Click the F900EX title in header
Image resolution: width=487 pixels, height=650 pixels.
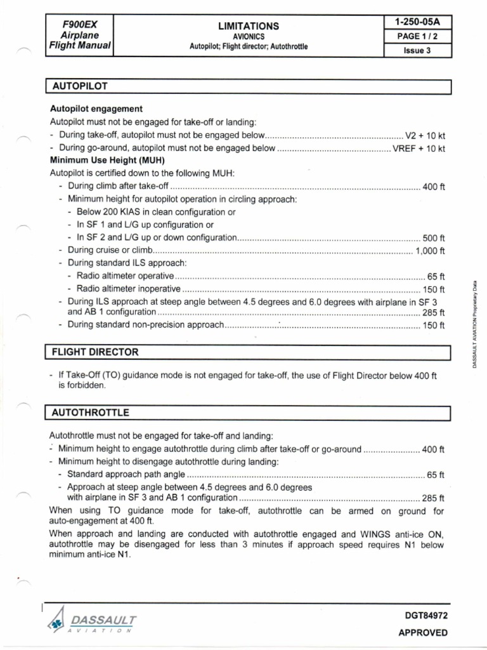(79, 24)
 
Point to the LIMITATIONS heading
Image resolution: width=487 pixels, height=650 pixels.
(249, 26)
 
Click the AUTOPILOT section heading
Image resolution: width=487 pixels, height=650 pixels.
(79, 86)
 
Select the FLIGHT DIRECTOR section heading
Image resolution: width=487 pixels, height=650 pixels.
(95, 352)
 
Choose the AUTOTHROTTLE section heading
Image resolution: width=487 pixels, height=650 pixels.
(91, 413)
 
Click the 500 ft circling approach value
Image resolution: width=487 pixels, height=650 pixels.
(434, 238)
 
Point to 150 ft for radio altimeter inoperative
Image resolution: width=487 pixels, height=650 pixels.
(434, 289)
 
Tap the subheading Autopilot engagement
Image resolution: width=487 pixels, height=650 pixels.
(96, 109)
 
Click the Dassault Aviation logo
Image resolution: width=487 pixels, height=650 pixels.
(91, 623)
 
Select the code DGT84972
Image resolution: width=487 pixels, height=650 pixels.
(422, 615)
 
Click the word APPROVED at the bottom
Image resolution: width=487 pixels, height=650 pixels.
(422, 632)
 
